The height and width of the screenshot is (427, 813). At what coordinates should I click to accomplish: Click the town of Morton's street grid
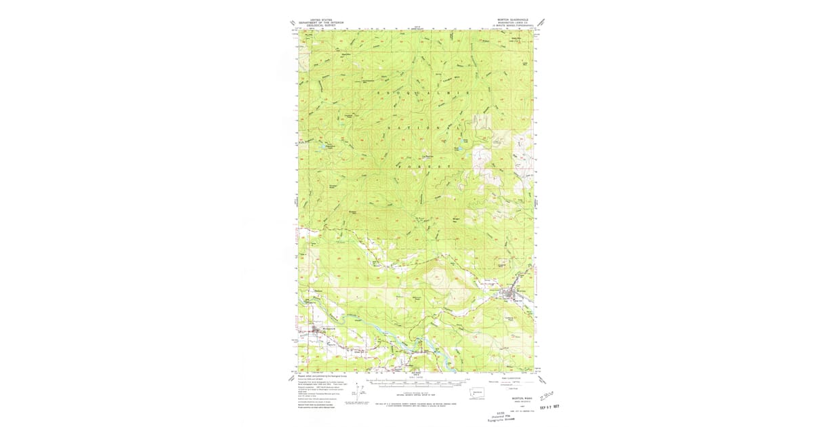pyautogui.click(x=512, y=292)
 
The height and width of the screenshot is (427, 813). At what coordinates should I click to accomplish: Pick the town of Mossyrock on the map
pyautogui.click(x=320, y=329)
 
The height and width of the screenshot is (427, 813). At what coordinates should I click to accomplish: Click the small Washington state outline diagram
pyautogui.click(x=478, y=394)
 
